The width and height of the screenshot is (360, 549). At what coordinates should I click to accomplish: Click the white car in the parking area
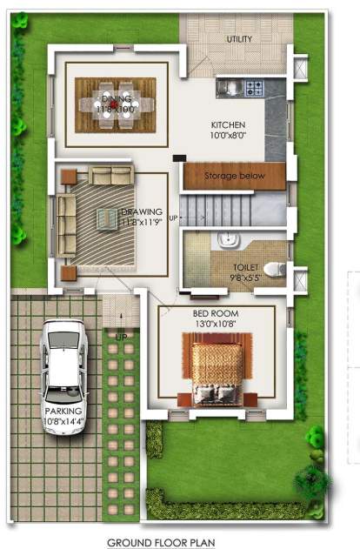[x=64, y=359]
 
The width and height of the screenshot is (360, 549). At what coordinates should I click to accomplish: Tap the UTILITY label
[x=239, y=39]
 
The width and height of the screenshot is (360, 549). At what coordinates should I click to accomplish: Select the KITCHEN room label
[x=229, y=124]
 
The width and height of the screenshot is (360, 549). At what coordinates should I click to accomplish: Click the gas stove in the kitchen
[x=254, y=87]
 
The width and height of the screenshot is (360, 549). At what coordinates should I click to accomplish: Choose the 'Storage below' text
[x=234, y=177]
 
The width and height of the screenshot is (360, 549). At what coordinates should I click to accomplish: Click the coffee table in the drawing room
[x=108, y=221]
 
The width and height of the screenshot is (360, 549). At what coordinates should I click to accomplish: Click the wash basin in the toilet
[x=227, y=240]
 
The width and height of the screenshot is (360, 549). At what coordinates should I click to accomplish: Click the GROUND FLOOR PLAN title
[x=160, y=541]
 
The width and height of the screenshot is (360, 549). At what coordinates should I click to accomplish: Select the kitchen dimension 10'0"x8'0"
[x=229, y=136]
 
